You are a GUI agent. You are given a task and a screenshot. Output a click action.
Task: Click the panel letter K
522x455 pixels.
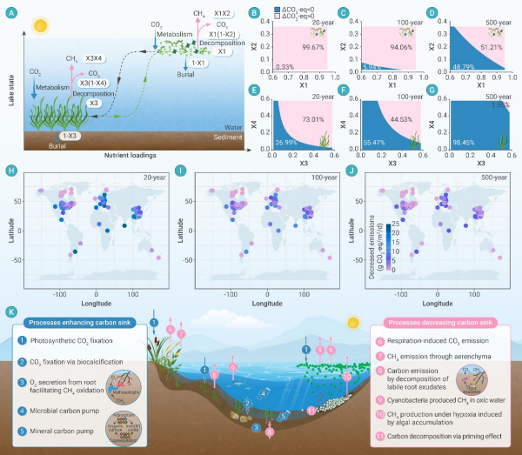[10, 311]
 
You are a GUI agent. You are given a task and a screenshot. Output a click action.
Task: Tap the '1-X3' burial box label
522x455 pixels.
[72, 137]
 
